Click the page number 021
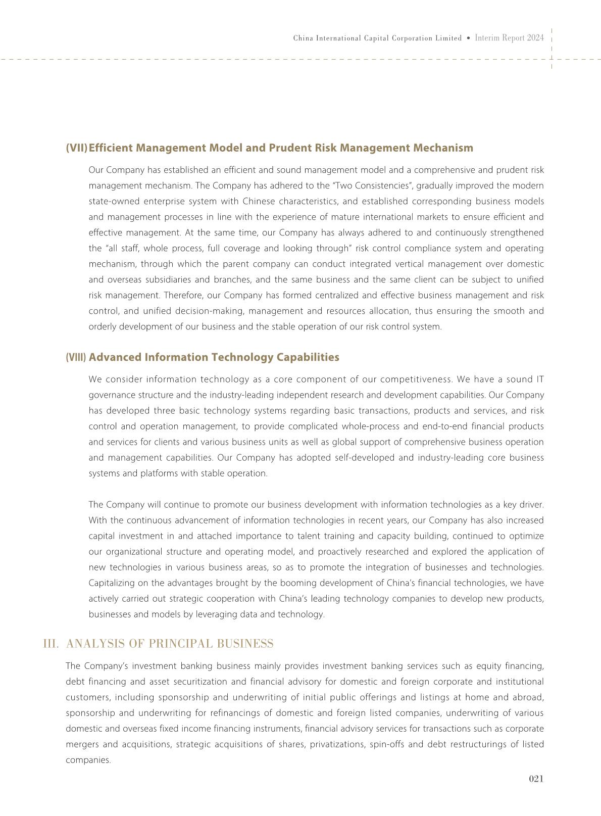(x=536, y=779)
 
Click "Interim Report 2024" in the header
(x=509, y=38)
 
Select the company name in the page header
(x=377, y=38)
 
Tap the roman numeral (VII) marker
(x=76, y=148)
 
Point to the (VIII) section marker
(x=76, y=357)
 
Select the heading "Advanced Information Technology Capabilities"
(x=214, y=357)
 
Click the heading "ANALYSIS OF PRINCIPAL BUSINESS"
(x=170, y=644)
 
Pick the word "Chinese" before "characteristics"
(x=259, y=201)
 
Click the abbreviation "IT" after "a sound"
(x=539, y=379)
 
